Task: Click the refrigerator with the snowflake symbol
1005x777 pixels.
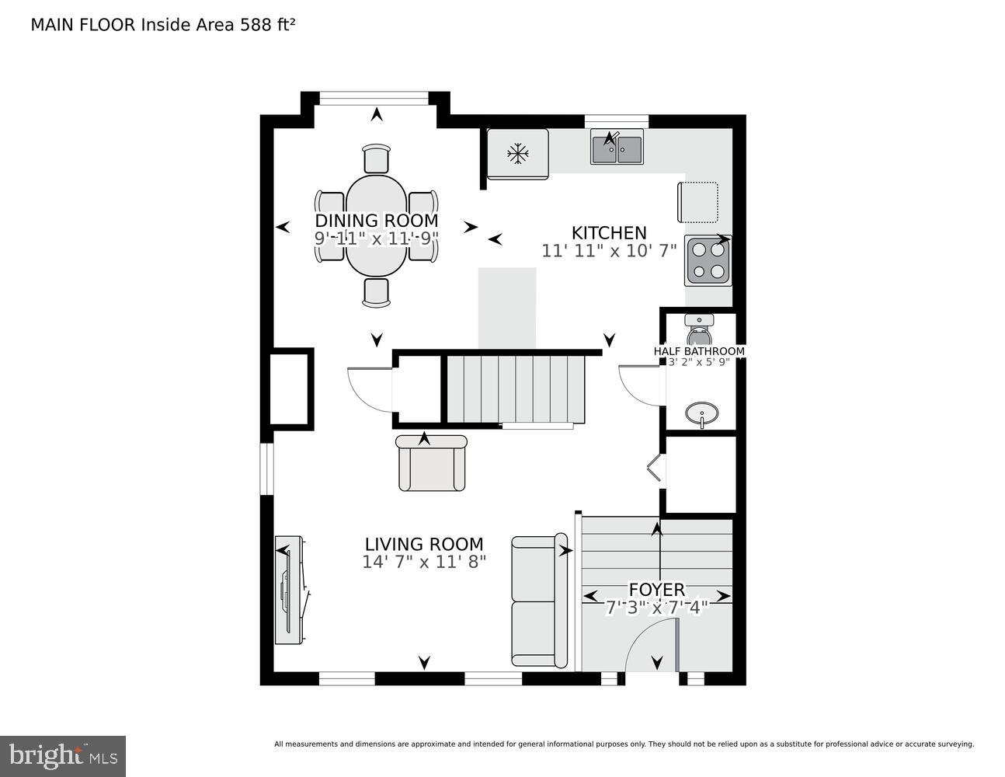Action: point(517,154)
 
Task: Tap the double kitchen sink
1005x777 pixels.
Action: point(617,148)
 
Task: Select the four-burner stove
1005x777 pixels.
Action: point(708,261)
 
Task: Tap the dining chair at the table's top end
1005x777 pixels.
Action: point(377,159)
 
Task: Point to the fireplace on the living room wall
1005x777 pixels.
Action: point(289,589)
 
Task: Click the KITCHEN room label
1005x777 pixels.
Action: point(609,233)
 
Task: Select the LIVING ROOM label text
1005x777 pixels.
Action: point(424,545)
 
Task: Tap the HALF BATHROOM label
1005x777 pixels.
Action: point(699,351)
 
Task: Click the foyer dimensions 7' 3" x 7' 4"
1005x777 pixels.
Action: point(656,608)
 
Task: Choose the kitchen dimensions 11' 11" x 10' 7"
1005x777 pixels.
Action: point(609,251)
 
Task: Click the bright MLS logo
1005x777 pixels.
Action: point(63,755)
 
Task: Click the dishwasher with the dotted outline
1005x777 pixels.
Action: point(697,201)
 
